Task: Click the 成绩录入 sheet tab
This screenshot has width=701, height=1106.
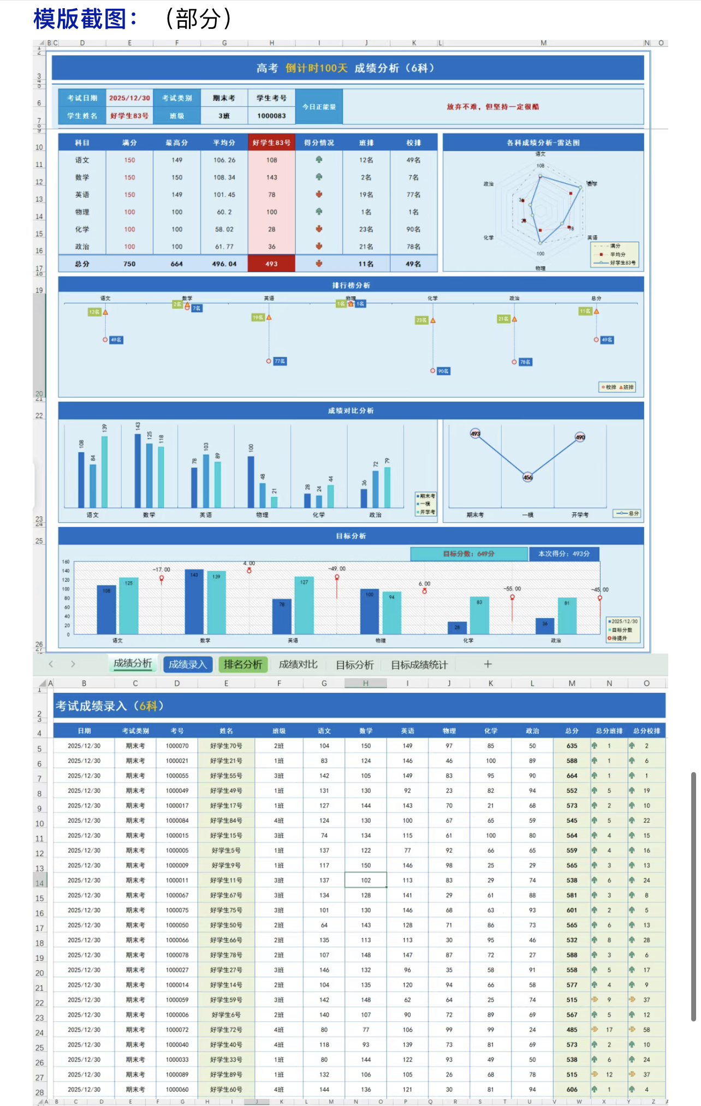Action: tap(187, 664)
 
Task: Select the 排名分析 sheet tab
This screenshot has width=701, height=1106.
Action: tap(243, 664)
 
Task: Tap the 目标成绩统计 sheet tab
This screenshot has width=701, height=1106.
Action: tap(419, 665)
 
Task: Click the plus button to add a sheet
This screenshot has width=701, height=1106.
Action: tap(488, 664)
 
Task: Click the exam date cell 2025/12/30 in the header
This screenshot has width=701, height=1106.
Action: tap(129, 98)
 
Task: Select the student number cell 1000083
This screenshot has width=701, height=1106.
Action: tap(271, 116)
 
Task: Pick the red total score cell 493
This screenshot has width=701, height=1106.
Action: tap(271, 264)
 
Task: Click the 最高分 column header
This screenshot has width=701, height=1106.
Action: tap(177, 143)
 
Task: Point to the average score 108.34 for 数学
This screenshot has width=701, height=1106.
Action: tap(224, 177)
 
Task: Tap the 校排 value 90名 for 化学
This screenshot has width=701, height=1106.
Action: tap(413, 229)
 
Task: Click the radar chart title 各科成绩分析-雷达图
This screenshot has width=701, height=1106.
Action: tap(543, 143)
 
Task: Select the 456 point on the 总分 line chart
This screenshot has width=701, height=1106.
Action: tap(527, 477)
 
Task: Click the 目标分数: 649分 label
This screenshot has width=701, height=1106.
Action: tap(468, 554)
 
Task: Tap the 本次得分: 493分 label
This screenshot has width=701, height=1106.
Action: tap(563, 554)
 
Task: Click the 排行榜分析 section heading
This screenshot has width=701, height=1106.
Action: tap(351, 285)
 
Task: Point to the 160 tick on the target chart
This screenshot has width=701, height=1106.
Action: tap(66, 561)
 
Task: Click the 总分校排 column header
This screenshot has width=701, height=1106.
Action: tap(646, 731)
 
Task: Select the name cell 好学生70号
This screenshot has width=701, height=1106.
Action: tap(226, 746)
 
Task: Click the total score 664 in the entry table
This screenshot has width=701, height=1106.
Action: tap(572, 776)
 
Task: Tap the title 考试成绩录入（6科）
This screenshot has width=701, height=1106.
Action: tap(109, 706)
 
